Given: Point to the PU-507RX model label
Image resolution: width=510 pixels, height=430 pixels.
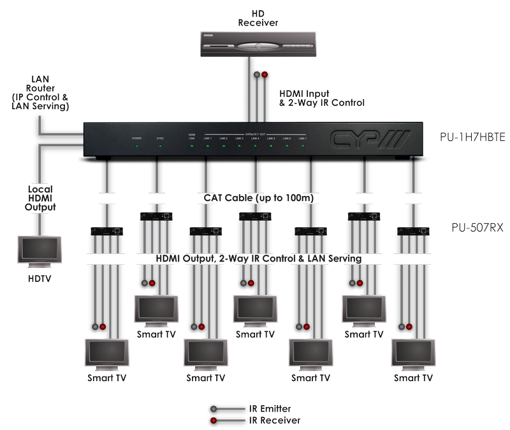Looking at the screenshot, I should (469, 226).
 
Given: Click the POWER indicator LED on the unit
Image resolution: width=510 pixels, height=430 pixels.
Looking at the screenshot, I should (136, 146).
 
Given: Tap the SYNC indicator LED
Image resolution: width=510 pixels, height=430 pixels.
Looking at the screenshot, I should (160, 146).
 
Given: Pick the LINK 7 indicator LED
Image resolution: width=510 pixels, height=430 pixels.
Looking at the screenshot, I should (302, 146).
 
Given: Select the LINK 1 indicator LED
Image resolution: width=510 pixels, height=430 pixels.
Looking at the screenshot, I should (207, 146).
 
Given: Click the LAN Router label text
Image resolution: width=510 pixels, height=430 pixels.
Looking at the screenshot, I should (40, 93).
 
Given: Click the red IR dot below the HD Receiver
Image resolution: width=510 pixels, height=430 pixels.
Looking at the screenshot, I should (265, 75).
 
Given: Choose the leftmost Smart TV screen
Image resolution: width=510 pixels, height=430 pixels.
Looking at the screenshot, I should (106, 353).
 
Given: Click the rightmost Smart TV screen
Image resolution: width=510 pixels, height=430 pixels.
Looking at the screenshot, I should (413, 353).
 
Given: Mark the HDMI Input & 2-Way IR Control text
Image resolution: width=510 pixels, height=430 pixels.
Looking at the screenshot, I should (322, 98).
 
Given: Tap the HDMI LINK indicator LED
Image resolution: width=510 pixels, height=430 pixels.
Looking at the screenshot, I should (191, 146).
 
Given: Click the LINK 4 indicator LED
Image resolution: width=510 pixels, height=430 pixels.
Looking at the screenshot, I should (254, 146).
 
